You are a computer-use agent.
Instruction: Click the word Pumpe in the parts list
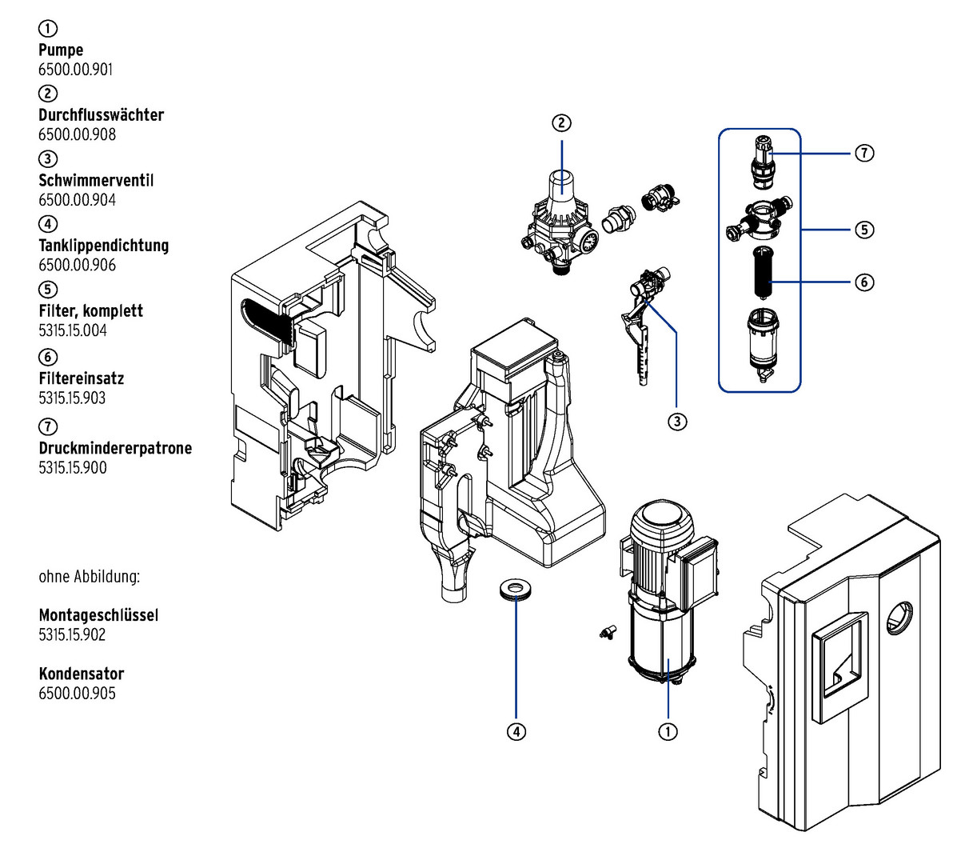click(x=61, y=50)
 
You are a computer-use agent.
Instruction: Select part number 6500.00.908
click(x=77, y=134)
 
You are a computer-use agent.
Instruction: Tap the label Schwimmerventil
click(x=96, y=180)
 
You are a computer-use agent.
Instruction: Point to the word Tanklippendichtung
click(x=104, y=246)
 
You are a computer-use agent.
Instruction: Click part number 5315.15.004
click(x=72, y=330)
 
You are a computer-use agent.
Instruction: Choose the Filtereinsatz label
click(x=82, y=378)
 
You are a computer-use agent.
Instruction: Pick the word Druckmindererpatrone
click(x=115, y=448)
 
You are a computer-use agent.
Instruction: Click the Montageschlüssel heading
click(x=98, y=615)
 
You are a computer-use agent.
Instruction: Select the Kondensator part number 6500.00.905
click(x=77, y=694)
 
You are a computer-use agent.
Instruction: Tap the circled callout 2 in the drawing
click(x=562, y=122)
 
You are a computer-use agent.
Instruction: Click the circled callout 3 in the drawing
click(x=677, y=421)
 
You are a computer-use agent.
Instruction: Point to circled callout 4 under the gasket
click(x=516, y=731)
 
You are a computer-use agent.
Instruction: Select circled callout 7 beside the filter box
click(x=864, y=153)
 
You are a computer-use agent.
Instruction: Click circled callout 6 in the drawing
click(x=864, y=282)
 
